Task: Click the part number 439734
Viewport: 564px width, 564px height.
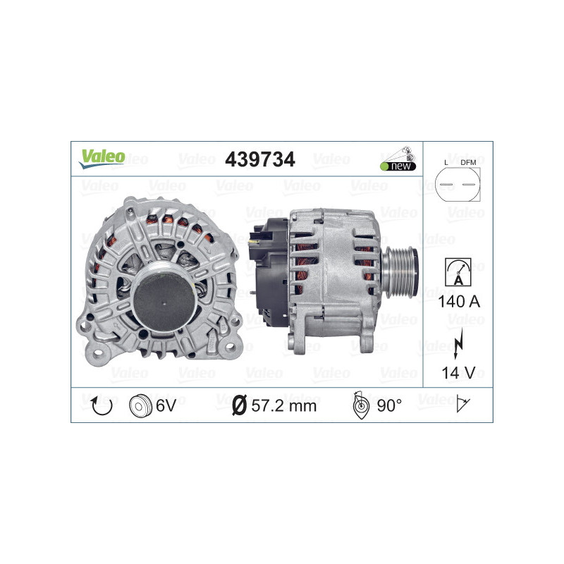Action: (x=259, y=160)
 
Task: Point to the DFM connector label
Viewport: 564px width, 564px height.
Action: (x=468, y=163)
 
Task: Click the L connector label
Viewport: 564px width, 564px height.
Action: (x=446, y=163)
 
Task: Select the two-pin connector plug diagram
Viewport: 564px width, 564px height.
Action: (x=458, y=186)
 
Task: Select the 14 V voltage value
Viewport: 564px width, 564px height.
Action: (x=458, y=372)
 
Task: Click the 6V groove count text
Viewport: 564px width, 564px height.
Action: (x=166, y=405)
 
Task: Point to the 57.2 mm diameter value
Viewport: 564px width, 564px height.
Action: (x=283, y=405)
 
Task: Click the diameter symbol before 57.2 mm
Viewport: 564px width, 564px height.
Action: (x=239, y=405)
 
